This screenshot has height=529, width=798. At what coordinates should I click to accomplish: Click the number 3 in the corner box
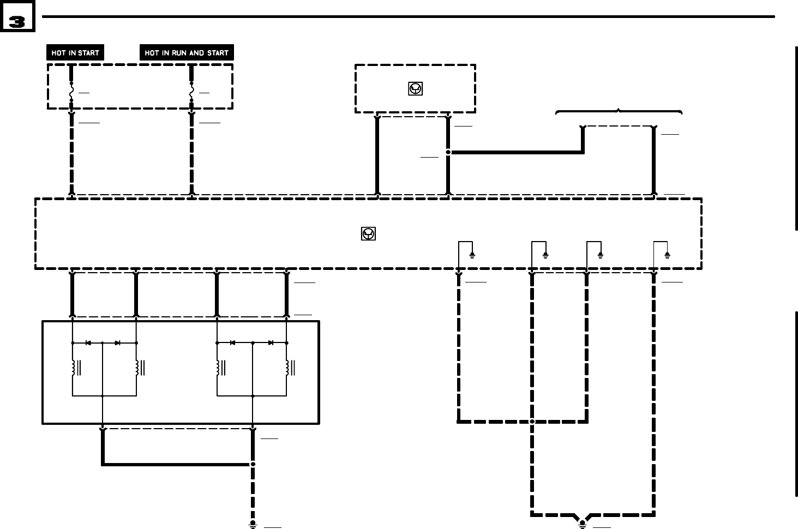coord(17,22)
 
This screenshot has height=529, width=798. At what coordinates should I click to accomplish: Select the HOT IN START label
coord(75,53)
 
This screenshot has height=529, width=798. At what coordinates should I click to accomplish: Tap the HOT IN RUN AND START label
coord(187,53)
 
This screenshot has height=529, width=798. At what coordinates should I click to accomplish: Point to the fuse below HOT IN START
coord(71,92)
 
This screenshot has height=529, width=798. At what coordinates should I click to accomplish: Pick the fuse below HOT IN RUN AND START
coord(191,92)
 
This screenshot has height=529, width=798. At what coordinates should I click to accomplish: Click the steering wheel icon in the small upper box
coord(415,88)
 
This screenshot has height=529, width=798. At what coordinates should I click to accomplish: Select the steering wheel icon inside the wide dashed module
coord(369,234)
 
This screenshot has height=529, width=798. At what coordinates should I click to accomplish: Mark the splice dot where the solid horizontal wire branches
coord(448,152)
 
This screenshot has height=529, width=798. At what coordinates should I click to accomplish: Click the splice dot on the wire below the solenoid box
coord(253,464)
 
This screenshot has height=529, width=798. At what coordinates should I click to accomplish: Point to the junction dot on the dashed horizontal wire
coord(532,421)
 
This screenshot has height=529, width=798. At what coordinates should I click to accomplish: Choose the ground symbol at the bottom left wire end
coord(253,524)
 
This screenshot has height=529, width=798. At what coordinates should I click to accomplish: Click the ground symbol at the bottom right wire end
coord(583,524)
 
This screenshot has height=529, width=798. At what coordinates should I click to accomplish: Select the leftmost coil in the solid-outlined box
coord(73,368)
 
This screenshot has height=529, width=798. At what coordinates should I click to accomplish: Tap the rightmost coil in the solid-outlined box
coord(287,368)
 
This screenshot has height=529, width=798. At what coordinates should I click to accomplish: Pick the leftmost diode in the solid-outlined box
coord(88,343)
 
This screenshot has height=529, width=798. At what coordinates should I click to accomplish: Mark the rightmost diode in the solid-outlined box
coord(271,343)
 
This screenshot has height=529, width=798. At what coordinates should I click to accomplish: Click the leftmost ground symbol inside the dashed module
coord(472,255)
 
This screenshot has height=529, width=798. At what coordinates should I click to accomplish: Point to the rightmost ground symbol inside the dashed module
coord(667,255)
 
